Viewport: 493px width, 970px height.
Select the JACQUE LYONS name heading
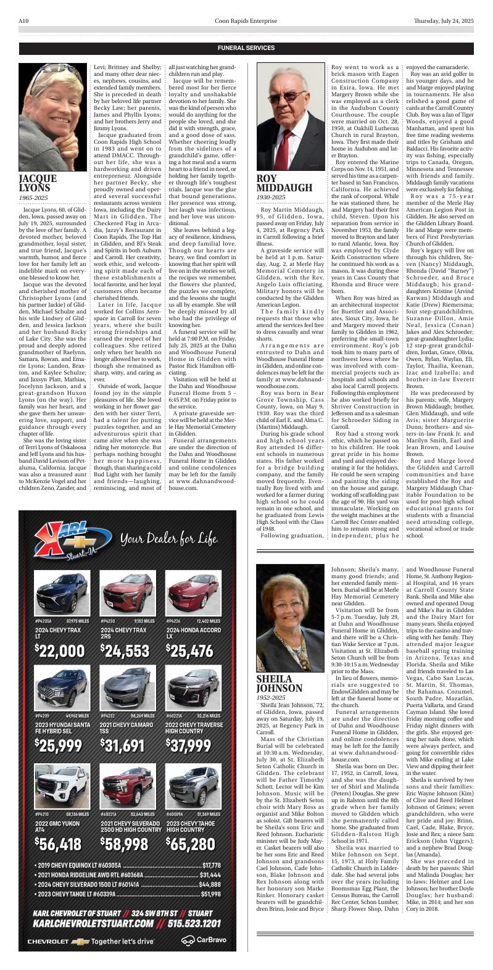click(x=38, y=183)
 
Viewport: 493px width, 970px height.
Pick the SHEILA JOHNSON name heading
click(x=280, y=684)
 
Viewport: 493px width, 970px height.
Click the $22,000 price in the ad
click(x=60, y=651)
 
